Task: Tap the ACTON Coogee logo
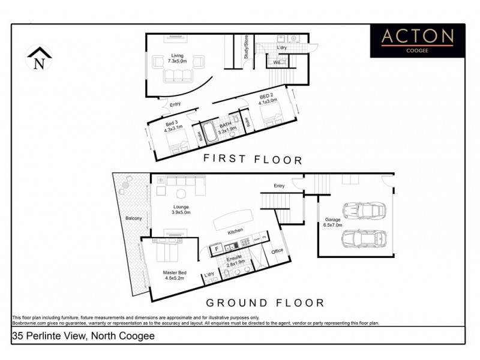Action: point(418,40)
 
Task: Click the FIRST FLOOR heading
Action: point(252,160)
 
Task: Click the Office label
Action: point(277,251)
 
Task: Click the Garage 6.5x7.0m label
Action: point(332,223)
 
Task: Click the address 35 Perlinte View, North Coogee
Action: point(83,336)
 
